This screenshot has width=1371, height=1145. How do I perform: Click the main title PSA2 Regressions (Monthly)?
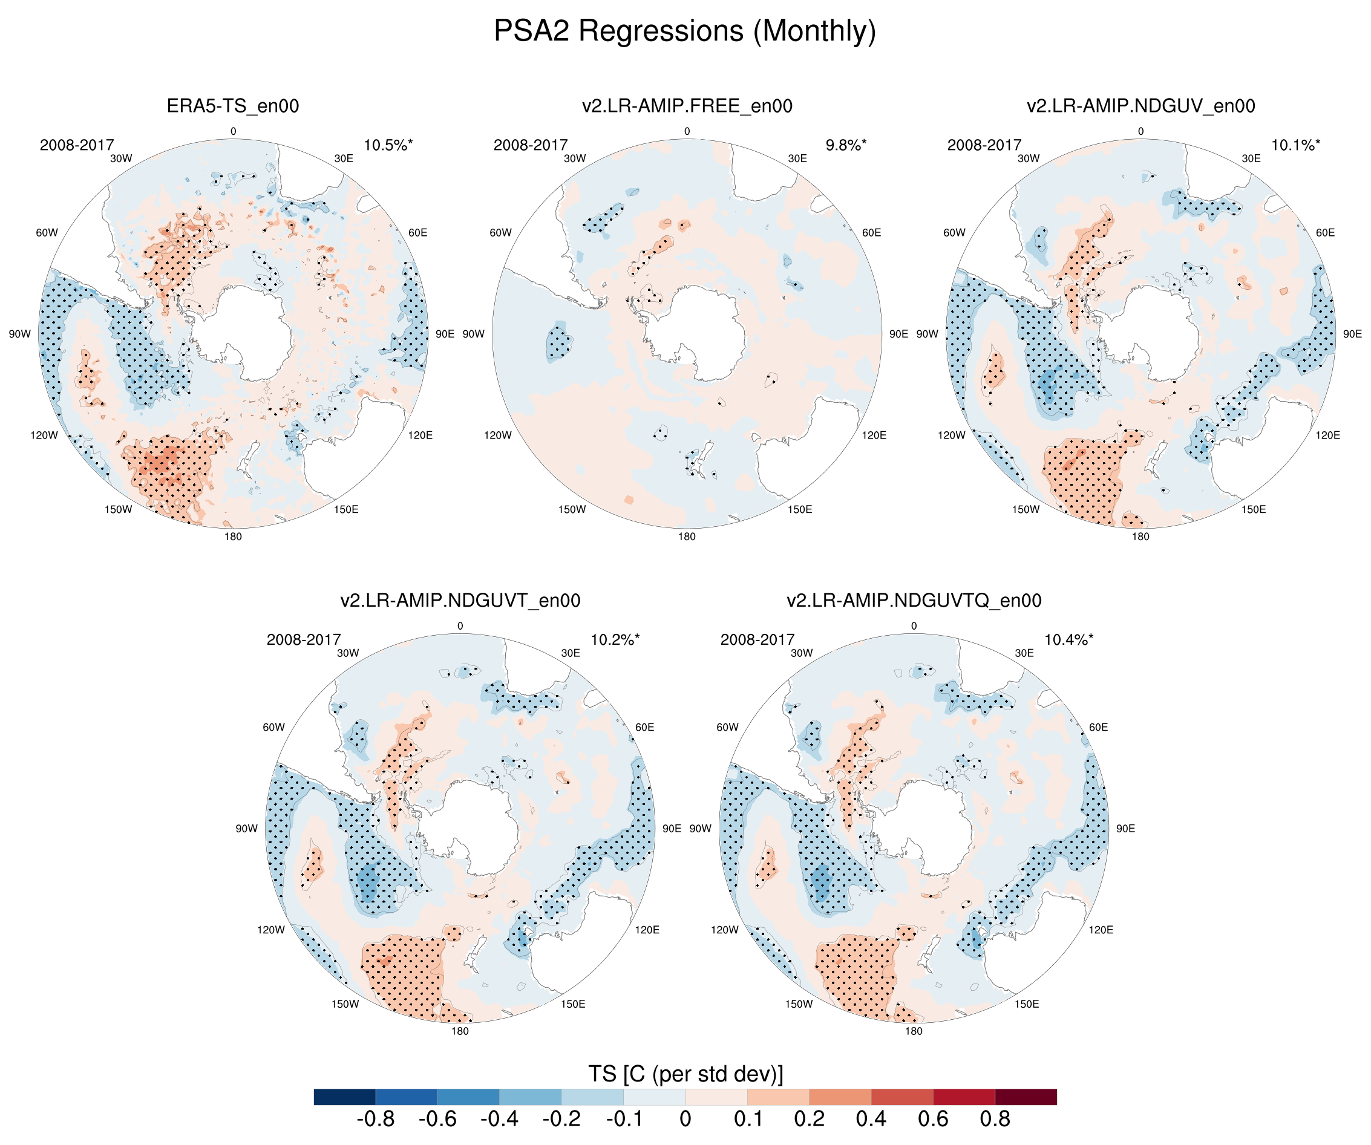coord(684,31)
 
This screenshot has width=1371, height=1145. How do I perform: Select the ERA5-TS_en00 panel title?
coord(233,106)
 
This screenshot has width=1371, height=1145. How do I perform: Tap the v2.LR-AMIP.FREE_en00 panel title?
coord(687,106)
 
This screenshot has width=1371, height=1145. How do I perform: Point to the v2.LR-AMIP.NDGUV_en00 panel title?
coord(1140,106)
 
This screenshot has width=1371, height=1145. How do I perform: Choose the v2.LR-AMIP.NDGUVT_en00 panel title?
coord(460,600)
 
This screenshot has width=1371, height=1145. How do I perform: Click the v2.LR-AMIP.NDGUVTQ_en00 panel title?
coord(914,600)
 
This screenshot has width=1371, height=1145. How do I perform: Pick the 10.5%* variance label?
coord(388,145)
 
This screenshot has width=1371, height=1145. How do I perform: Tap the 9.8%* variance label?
coord(845,145)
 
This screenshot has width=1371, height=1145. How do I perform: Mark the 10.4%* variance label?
coord(1068,640)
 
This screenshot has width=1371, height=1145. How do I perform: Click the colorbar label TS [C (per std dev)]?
coord(685,1073)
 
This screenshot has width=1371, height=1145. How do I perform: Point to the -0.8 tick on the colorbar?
coord(375,1119)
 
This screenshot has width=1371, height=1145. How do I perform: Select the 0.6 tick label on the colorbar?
coord(933,1119)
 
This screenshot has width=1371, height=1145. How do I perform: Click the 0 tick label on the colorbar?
coord(685,1119)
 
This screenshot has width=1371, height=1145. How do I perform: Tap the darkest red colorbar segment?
coord(1026,1097)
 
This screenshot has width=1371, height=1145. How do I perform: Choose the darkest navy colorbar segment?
coord(345,1097)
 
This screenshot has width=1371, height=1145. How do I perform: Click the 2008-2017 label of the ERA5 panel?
coord(77,145)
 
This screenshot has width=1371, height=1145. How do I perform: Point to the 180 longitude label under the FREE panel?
coord(687,537)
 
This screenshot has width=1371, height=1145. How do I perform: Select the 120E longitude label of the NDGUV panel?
coord(1328,435)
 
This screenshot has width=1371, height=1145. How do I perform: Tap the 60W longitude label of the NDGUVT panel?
coord(273,727)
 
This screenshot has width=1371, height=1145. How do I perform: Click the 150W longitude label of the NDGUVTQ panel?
coord(799,1004)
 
